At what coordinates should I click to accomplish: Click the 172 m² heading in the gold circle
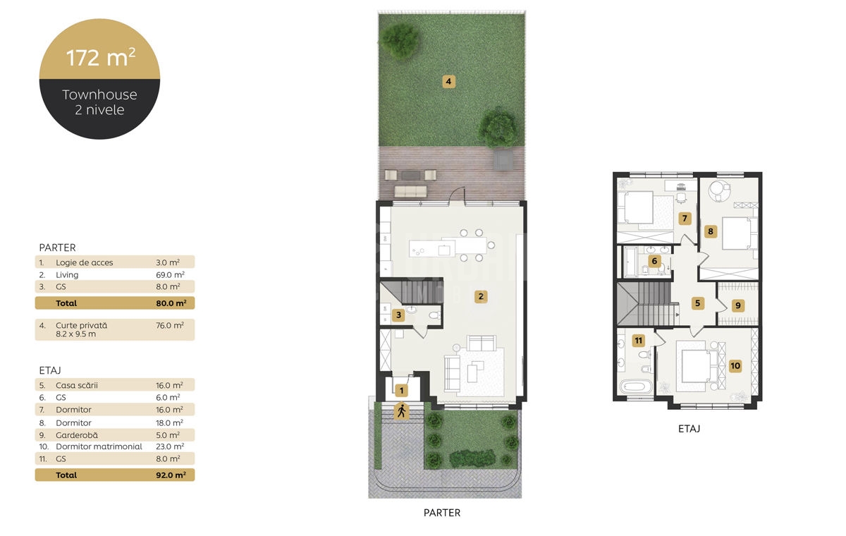[x=100, y=58]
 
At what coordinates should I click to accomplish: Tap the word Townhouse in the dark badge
[x=99, y=95]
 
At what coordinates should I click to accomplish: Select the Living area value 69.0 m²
[x=170, y=274]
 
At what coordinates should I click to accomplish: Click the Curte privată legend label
[x=81, y=325]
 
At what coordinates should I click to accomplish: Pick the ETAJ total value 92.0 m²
[x=171, y=475]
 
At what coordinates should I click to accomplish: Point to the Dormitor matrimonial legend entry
[x=99, y=446]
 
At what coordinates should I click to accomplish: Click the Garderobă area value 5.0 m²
[x=168, y=434]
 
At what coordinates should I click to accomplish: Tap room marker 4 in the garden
[x=448, y=81]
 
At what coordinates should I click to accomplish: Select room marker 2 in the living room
[x=481, y=296]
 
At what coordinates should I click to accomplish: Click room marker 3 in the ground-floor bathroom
[x=398, y=315]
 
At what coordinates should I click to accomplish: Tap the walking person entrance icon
[x=401, y=411]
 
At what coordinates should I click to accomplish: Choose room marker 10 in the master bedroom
[x=735, y=365]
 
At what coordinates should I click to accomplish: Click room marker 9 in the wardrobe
[x=738, y=305]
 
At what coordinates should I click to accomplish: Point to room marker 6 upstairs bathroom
[x=654, y=261]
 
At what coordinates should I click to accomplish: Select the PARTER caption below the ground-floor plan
[x=442, y=513]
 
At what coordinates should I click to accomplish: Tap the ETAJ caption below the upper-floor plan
[x=689, y=429]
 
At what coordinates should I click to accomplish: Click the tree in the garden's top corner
[x=399, y=40]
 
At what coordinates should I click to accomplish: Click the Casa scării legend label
[x=77, y=385]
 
